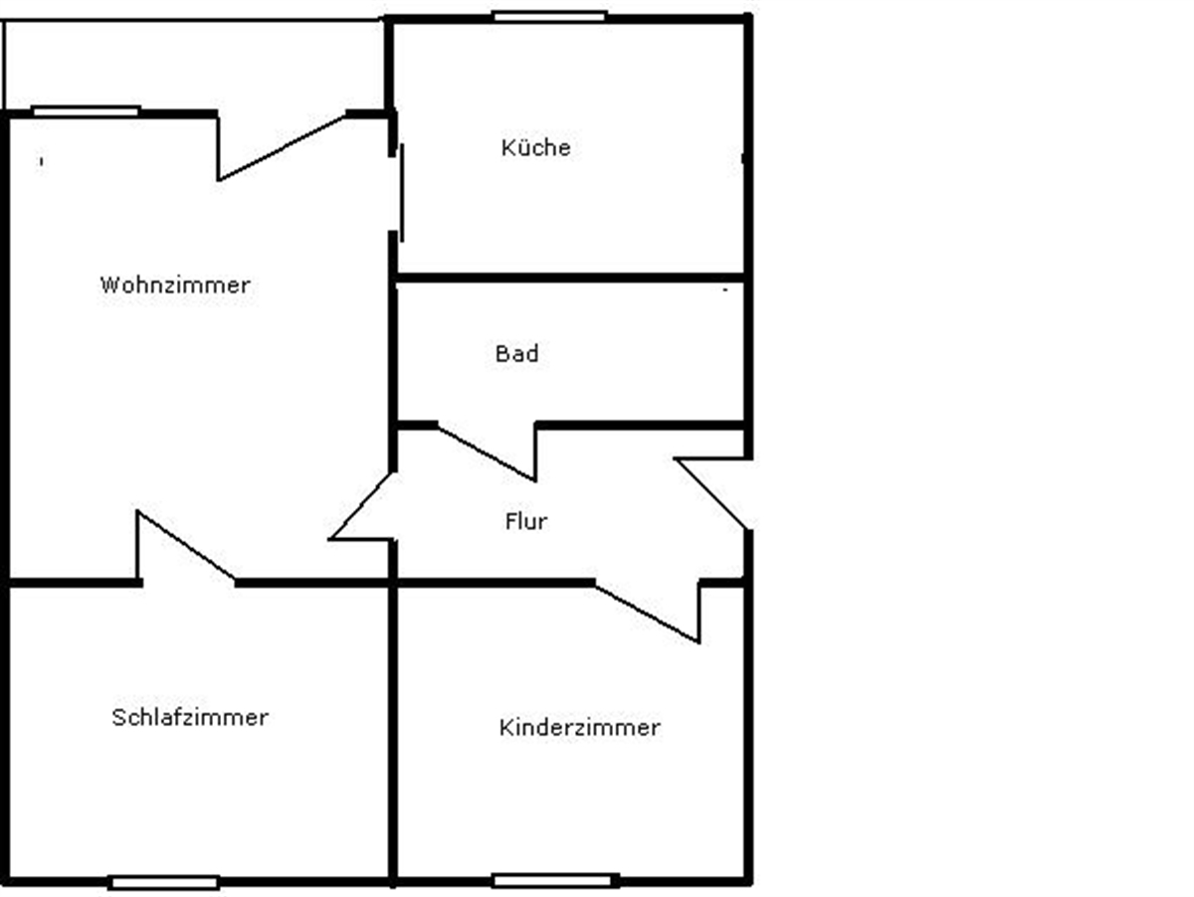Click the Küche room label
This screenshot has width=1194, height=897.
535,148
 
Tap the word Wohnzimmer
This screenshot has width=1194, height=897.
175,285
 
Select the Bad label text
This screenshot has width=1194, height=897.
516,354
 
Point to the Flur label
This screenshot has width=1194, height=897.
525,522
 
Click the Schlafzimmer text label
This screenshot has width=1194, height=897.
189,718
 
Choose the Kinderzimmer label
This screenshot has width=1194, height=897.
579,728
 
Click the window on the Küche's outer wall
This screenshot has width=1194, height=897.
549,16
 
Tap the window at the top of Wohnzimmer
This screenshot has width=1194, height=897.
85,111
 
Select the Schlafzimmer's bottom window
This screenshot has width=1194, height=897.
163,882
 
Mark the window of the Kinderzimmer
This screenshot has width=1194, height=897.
555,880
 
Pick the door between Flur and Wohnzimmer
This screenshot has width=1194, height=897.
364,507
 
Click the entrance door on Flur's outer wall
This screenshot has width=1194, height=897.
712,491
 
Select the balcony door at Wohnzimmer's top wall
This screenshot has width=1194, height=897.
282,147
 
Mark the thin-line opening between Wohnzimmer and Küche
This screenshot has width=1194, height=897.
401,189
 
